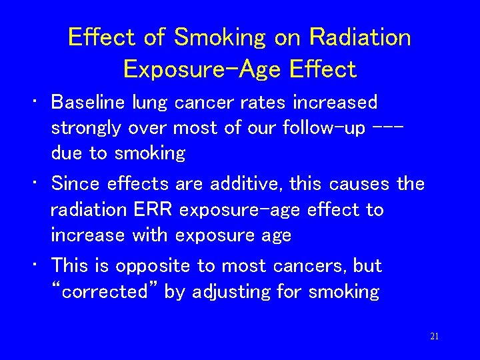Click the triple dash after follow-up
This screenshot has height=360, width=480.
coord(389,127)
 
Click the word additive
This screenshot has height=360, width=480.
coord(241,183)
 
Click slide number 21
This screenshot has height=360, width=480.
coord(434,337)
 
